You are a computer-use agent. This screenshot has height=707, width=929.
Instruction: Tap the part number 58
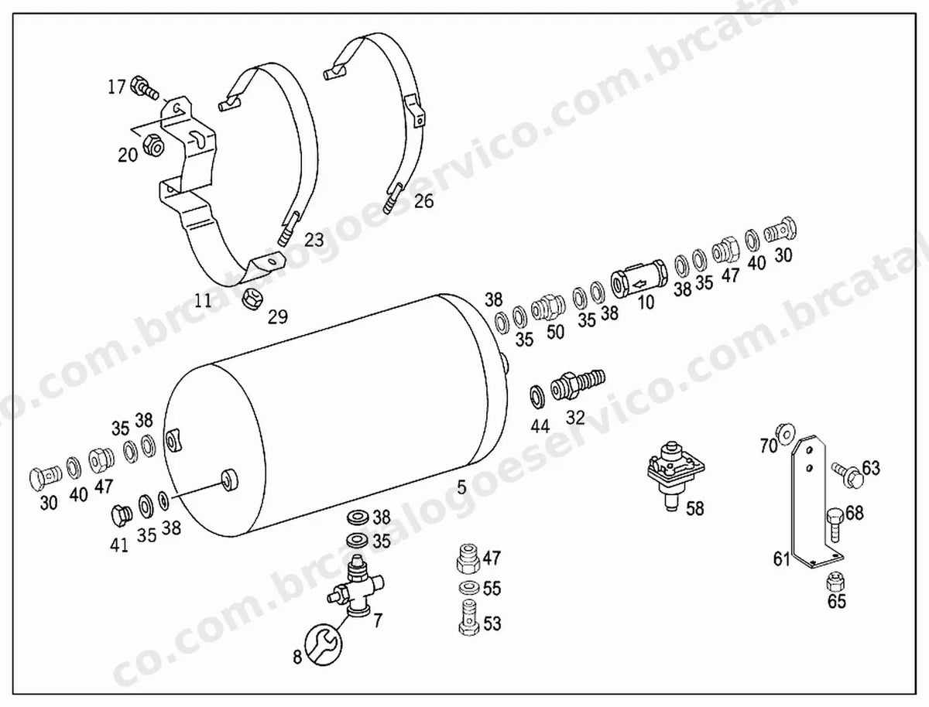tap(695, 508)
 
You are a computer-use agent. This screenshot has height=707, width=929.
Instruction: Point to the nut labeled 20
tap(154, 145)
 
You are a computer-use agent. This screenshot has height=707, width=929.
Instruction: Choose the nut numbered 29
tap(252, 299)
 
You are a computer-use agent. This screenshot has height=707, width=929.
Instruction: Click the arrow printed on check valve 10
tap(639, 280)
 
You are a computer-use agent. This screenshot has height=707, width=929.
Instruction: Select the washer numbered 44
tap(536, 397)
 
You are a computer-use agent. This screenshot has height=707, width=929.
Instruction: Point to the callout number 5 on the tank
tap(461, 487)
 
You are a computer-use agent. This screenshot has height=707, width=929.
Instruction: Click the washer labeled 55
tap(468, 588)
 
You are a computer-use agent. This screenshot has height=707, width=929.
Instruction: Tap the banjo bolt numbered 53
tap(468, 618)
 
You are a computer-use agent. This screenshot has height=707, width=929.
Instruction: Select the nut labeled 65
tap(836, 582)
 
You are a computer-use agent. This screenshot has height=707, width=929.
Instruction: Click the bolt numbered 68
tap(835, 524)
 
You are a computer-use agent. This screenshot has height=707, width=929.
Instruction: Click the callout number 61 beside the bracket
tap(781, 559)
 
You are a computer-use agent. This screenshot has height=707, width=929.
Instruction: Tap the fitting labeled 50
tap(547, 306)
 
